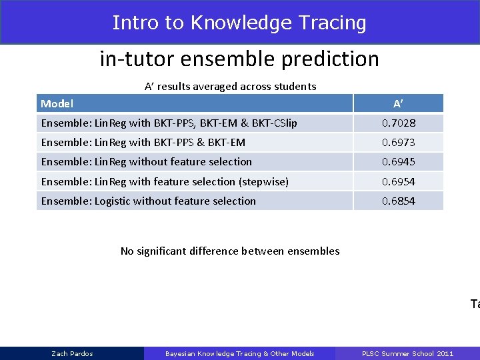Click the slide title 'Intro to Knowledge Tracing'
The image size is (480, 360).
click(239, 23)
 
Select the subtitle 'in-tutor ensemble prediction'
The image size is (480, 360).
click(239, 59)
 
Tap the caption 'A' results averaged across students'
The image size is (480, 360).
click(231, 86)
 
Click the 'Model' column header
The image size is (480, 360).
click(57, 103)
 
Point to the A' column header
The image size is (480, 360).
click(398, 103)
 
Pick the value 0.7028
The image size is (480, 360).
click(398, 123)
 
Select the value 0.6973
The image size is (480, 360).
click(398, 142)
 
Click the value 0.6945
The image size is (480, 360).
click(398, 161)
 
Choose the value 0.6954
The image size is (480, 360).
click(398, 181)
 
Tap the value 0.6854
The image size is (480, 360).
click(398, 201)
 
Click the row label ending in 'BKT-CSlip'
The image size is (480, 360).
click(169, 123)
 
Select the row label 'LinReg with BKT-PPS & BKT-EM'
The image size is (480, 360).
click(143, 142)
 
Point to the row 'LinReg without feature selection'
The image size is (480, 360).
click(147, 161)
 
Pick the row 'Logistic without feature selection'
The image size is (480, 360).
click(149, 201)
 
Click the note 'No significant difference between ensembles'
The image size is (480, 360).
click(230, 251)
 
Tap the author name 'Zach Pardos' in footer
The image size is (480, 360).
click(72, 353)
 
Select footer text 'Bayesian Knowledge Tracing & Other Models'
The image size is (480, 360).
click(239, 353)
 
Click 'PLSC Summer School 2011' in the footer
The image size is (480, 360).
click(407, 353)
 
